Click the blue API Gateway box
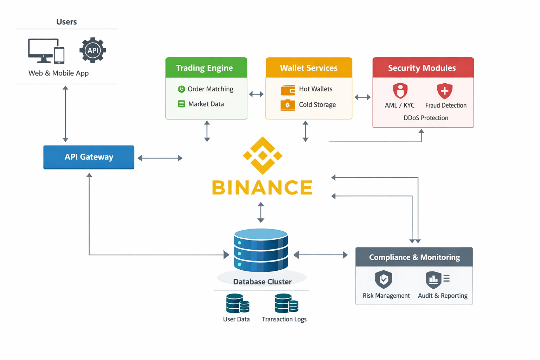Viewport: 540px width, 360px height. coord(89,157)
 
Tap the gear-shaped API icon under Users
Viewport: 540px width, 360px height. coord(93,50)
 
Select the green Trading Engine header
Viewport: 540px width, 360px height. coord(206,67)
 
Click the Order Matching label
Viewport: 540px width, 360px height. coord(210,89)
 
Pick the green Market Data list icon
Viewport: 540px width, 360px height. coord(181,104)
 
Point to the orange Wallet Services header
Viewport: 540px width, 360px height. coord(309,67)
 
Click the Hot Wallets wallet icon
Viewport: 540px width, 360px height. coord(288,90)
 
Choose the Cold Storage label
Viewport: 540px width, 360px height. coord(317,105)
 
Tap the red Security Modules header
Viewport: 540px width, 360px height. coord(423,67)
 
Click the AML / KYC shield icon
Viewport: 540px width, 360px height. coord(400,91)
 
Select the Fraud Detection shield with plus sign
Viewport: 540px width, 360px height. coord(444,91)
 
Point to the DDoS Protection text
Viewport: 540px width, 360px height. coord(426,118)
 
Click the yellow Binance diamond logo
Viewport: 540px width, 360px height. coord(263,155)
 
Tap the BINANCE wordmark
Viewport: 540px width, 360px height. coord(262,187)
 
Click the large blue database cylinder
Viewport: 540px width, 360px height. coord(261,250)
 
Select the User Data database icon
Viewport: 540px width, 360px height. coord(237,303)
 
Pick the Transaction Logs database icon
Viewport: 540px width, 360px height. coord(286,303)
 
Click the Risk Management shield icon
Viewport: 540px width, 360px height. coord(384,279)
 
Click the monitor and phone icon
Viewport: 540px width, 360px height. coord(46,51)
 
